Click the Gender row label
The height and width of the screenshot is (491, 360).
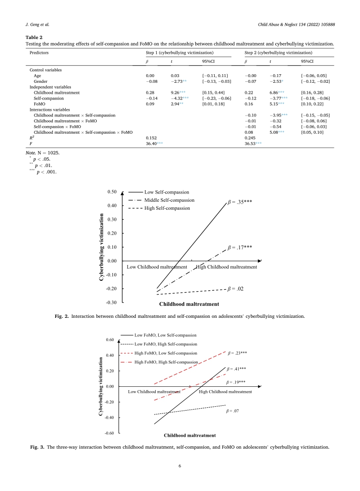[x=40, y=81]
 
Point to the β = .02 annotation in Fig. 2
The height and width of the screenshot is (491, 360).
[x=237, y=288]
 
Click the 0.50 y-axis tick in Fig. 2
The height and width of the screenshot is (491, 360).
[x=112, y=192]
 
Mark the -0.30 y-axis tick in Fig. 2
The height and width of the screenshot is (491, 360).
[x=111, y=302]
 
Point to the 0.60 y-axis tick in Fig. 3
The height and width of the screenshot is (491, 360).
[x=110, y=340]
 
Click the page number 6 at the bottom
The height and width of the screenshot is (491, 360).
[x=180, y=466]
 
